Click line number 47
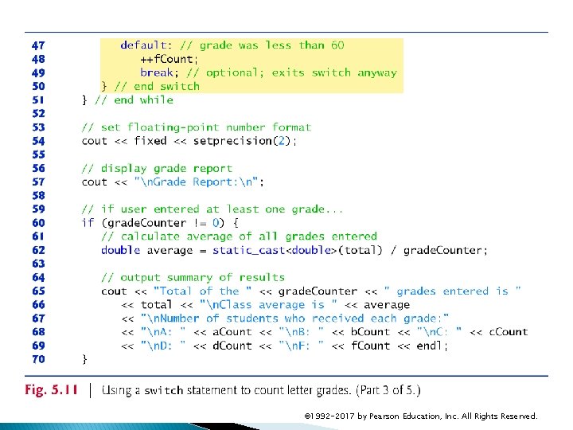coord(38,45)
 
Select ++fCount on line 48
coord(170,59)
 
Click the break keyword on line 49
coord(156,72)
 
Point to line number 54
coord(38,141)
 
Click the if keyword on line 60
coord(88,223)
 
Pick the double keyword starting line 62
coord(120,250)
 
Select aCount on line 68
coord(232,332)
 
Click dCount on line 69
coord(232,346)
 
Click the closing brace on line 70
coord(85,359)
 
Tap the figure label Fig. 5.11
coord(51,390)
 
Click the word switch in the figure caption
coord(163,391)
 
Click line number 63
coord(38,264)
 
